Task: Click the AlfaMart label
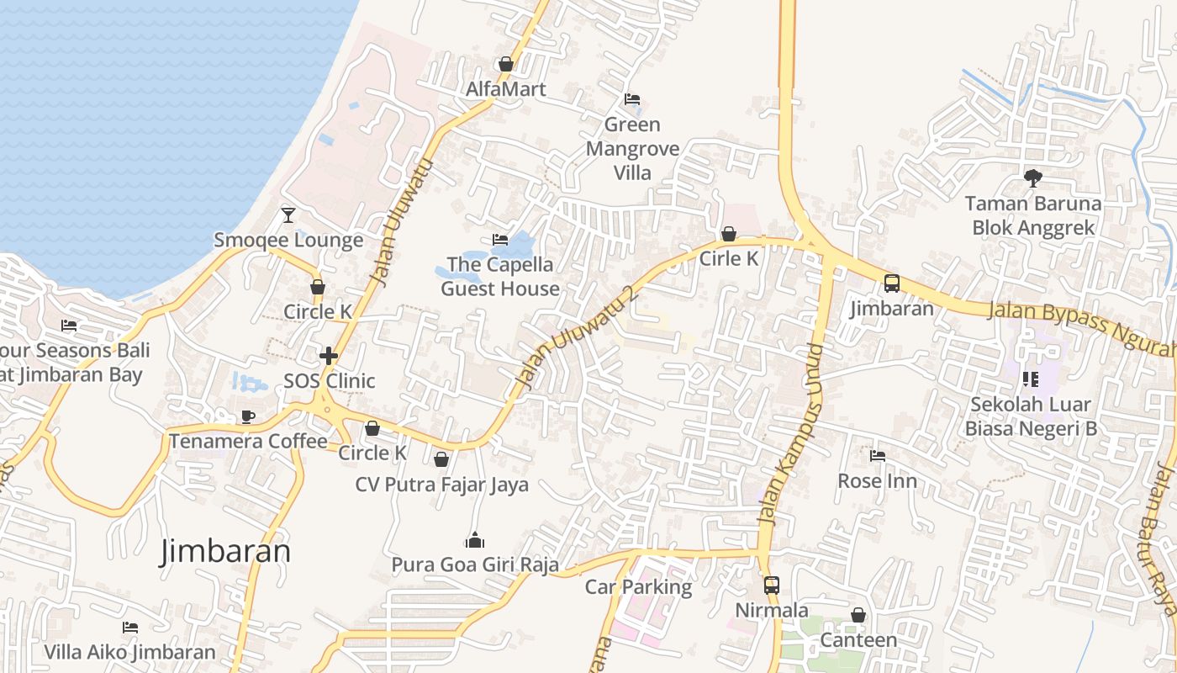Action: [506, 89]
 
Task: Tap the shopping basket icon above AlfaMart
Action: [506, 64]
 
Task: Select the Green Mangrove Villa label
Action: [632, 149]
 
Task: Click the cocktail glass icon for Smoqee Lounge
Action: [288, 215]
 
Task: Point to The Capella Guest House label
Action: [500, 277]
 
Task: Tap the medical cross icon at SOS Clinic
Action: [329, 356]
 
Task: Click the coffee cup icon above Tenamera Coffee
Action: [248, 416]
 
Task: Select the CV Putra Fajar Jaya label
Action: [441, 485]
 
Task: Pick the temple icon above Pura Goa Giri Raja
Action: [475, 540]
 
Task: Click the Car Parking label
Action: [638, 587]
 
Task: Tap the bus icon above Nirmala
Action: [771, 585]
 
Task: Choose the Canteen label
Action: [858, 640]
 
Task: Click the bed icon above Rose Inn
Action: [878, 456]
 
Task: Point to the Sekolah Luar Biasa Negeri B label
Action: [1031, 416]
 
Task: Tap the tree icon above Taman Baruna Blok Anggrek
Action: [1033, 178]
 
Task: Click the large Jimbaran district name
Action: [225, 551]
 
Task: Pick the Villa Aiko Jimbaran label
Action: [129, 652]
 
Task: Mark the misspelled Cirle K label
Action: [729, 259]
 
